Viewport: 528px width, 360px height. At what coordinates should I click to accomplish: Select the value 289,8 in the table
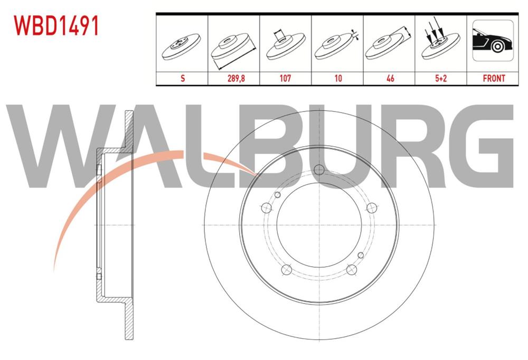[x=235, y=78]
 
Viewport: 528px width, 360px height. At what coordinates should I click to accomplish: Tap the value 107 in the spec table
[x=285, y=78]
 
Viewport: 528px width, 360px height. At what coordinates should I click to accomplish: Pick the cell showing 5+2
[x=440, y=78]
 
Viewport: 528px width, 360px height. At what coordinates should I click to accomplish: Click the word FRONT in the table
[x=494, y=78]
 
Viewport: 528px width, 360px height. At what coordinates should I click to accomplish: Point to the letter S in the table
[x=183, y=78]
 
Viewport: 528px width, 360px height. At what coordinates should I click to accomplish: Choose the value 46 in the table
[x=390, y=78]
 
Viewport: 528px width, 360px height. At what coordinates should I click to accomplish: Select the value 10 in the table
[x=338, y=78]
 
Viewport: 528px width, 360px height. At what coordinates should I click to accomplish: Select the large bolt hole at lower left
[x=286, y=270]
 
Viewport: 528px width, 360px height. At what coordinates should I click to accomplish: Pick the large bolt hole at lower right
[x=351, y=270]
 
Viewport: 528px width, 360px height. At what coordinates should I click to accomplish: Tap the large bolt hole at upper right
[x=371, y=207]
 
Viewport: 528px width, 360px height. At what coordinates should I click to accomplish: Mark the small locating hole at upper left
[x=277, y=195]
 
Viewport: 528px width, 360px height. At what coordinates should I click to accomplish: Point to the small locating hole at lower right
[x=360, y=255]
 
